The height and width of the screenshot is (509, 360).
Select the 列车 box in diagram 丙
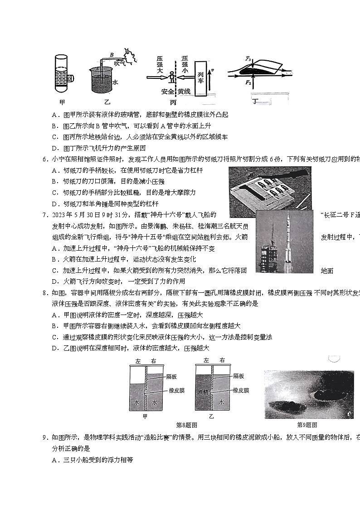[202, 78]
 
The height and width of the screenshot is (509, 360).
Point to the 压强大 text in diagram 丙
[160, 65]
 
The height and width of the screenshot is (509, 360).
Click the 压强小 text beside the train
[185, 65]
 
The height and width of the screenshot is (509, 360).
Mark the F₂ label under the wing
[248, 82]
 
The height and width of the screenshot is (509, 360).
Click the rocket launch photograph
[284, 241]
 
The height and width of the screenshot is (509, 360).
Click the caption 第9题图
[307, 425]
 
